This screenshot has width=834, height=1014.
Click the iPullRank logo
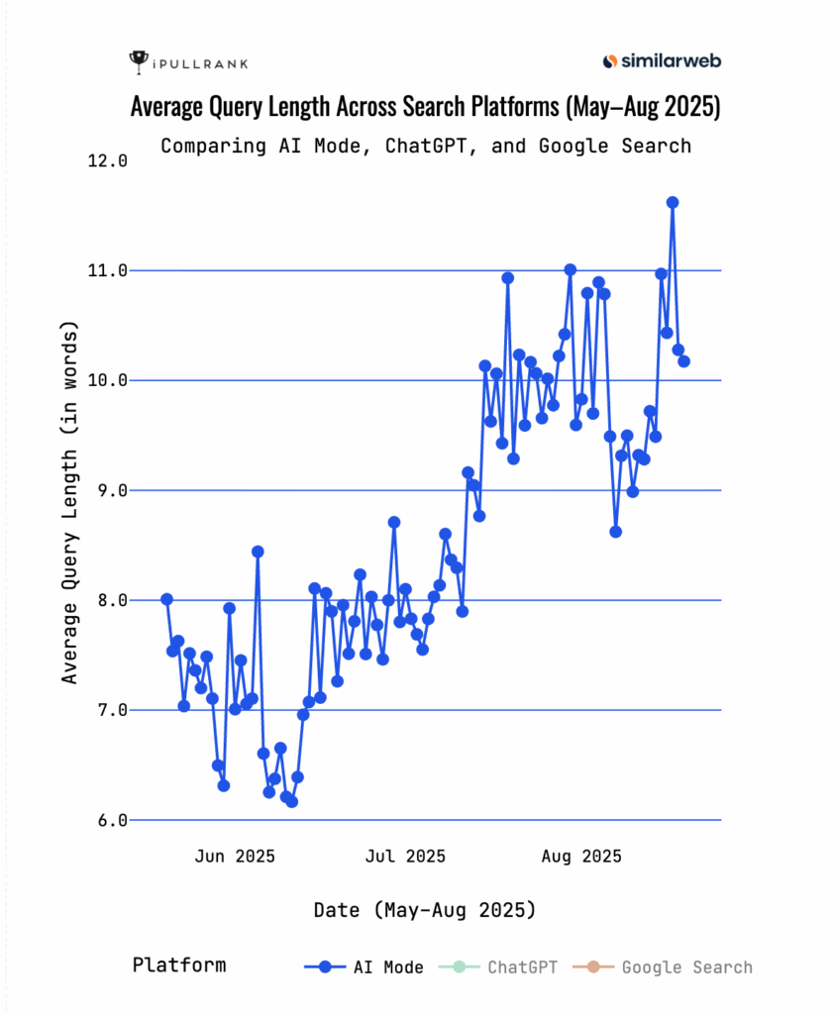(188, 62)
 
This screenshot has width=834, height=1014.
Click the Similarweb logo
(662, 61)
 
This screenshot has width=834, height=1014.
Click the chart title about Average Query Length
(425, 107)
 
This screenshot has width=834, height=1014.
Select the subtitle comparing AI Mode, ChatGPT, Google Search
(425, 146)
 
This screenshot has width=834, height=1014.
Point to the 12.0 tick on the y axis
(110, 161)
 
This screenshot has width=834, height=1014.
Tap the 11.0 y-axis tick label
(110, 270)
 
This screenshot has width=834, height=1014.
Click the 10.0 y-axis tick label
(110, 380)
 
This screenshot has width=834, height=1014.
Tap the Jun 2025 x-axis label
(235, 856)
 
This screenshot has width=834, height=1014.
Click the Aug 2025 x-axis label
(582, 856)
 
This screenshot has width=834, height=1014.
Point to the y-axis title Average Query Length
(69, 503)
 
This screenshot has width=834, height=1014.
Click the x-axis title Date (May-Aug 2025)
(425, 909)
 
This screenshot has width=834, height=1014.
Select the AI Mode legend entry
(365, 967)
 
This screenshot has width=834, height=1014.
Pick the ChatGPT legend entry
(504, 967)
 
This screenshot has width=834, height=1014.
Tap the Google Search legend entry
(670, 967)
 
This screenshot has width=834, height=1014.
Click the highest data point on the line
(673, 202)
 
